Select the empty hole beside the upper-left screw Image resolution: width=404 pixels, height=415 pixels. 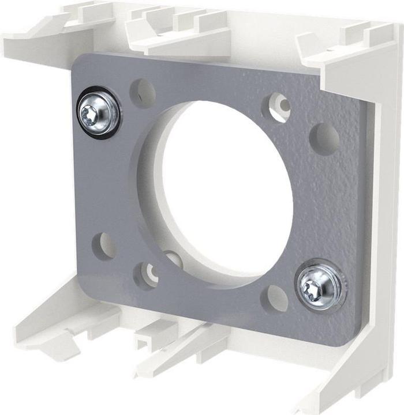(143, 93)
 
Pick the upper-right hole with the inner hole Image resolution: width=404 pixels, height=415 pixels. (277, 107)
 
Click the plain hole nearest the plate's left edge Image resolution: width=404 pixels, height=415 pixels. (104, 246)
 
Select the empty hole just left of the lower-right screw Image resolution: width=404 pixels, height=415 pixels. (275, 299)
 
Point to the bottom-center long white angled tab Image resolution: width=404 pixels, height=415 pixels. (173, 352)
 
